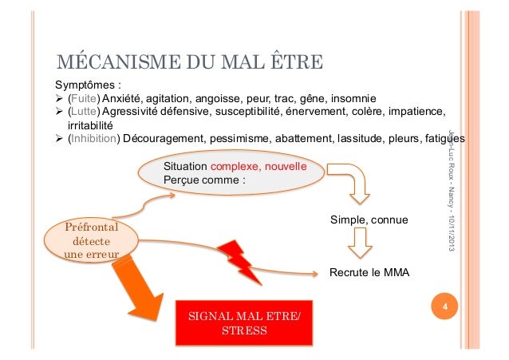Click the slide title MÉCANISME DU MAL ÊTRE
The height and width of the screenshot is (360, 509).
(188, 61)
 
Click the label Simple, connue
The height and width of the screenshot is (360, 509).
(369, 219)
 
